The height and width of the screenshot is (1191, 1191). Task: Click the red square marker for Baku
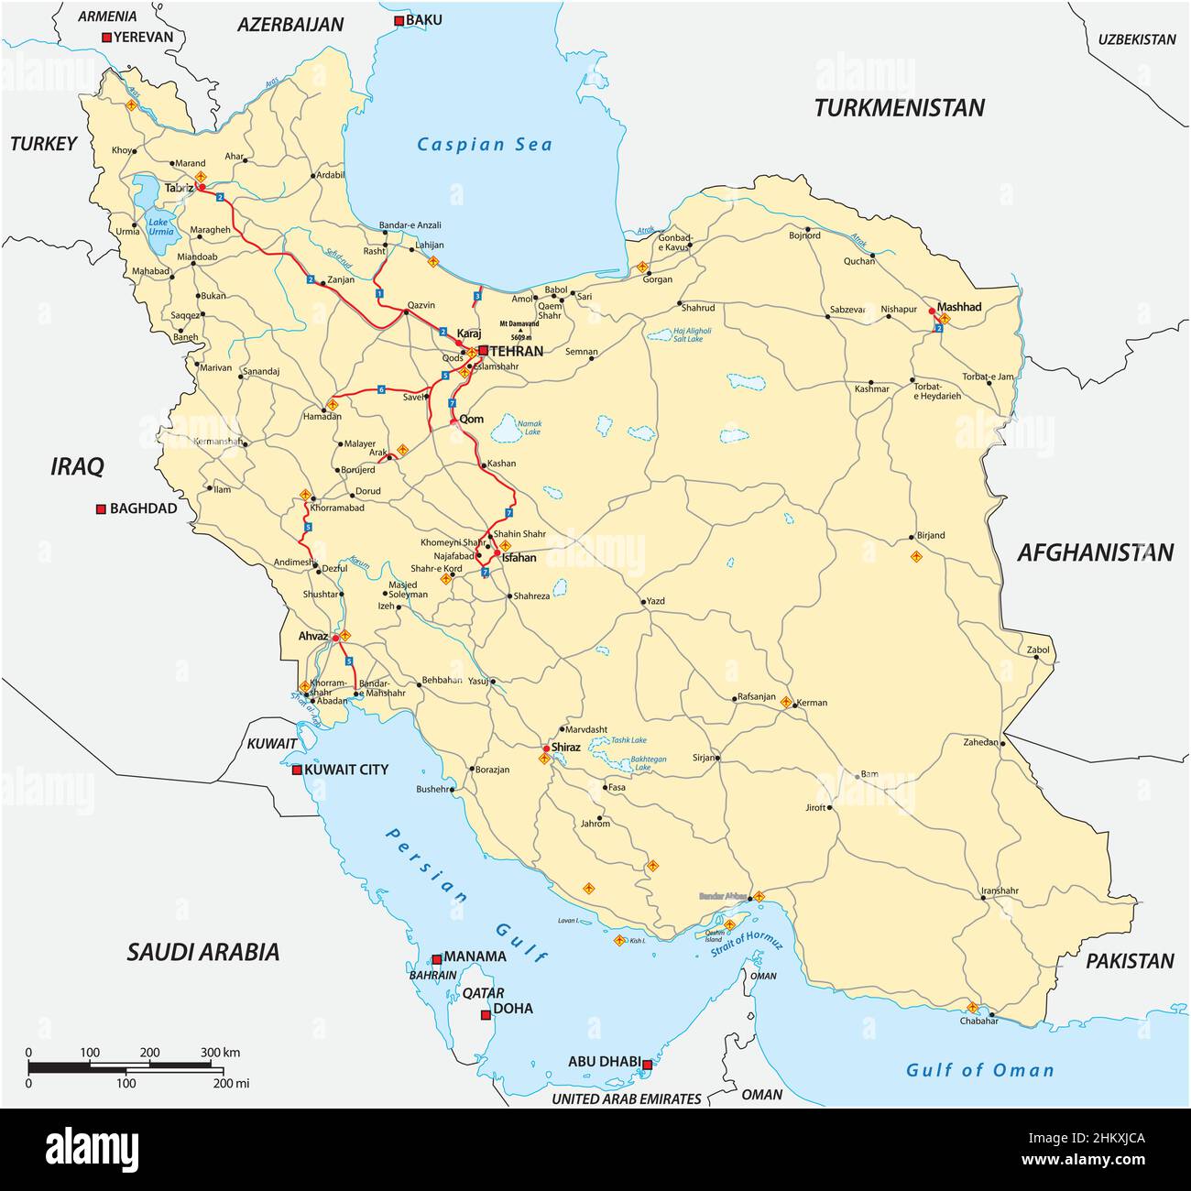pos(399,21)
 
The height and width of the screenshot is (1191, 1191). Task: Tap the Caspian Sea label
pos(485,144)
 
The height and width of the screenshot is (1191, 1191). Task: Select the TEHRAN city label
pos(518,351)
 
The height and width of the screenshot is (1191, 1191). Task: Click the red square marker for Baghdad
pos(102,509)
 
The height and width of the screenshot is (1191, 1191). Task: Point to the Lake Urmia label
pos(160,226)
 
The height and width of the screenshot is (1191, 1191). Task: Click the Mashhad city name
pos(959,306)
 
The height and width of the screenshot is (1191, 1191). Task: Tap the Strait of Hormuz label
pos(747,943)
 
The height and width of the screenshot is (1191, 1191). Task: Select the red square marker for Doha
pos(486,1015)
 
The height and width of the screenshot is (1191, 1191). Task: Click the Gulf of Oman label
pos(979,1069)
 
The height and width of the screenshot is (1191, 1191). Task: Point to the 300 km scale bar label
pos(220,1053)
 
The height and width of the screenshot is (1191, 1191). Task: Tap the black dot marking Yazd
pos(643,602)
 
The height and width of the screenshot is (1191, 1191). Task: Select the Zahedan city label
pos(980,742)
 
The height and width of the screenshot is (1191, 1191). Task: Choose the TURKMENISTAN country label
pos(899,108)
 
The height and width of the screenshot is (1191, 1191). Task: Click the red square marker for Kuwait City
pos(297,770)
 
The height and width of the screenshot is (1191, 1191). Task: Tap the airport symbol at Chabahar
pos(972,1007)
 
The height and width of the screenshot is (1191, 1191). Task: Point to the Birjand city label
pos(930,535)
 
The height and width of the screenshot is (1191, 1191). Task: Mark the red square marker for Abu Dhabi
pos(647,1065)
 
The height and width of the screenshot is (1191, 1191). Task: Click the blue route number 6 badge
pos(381,390)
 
